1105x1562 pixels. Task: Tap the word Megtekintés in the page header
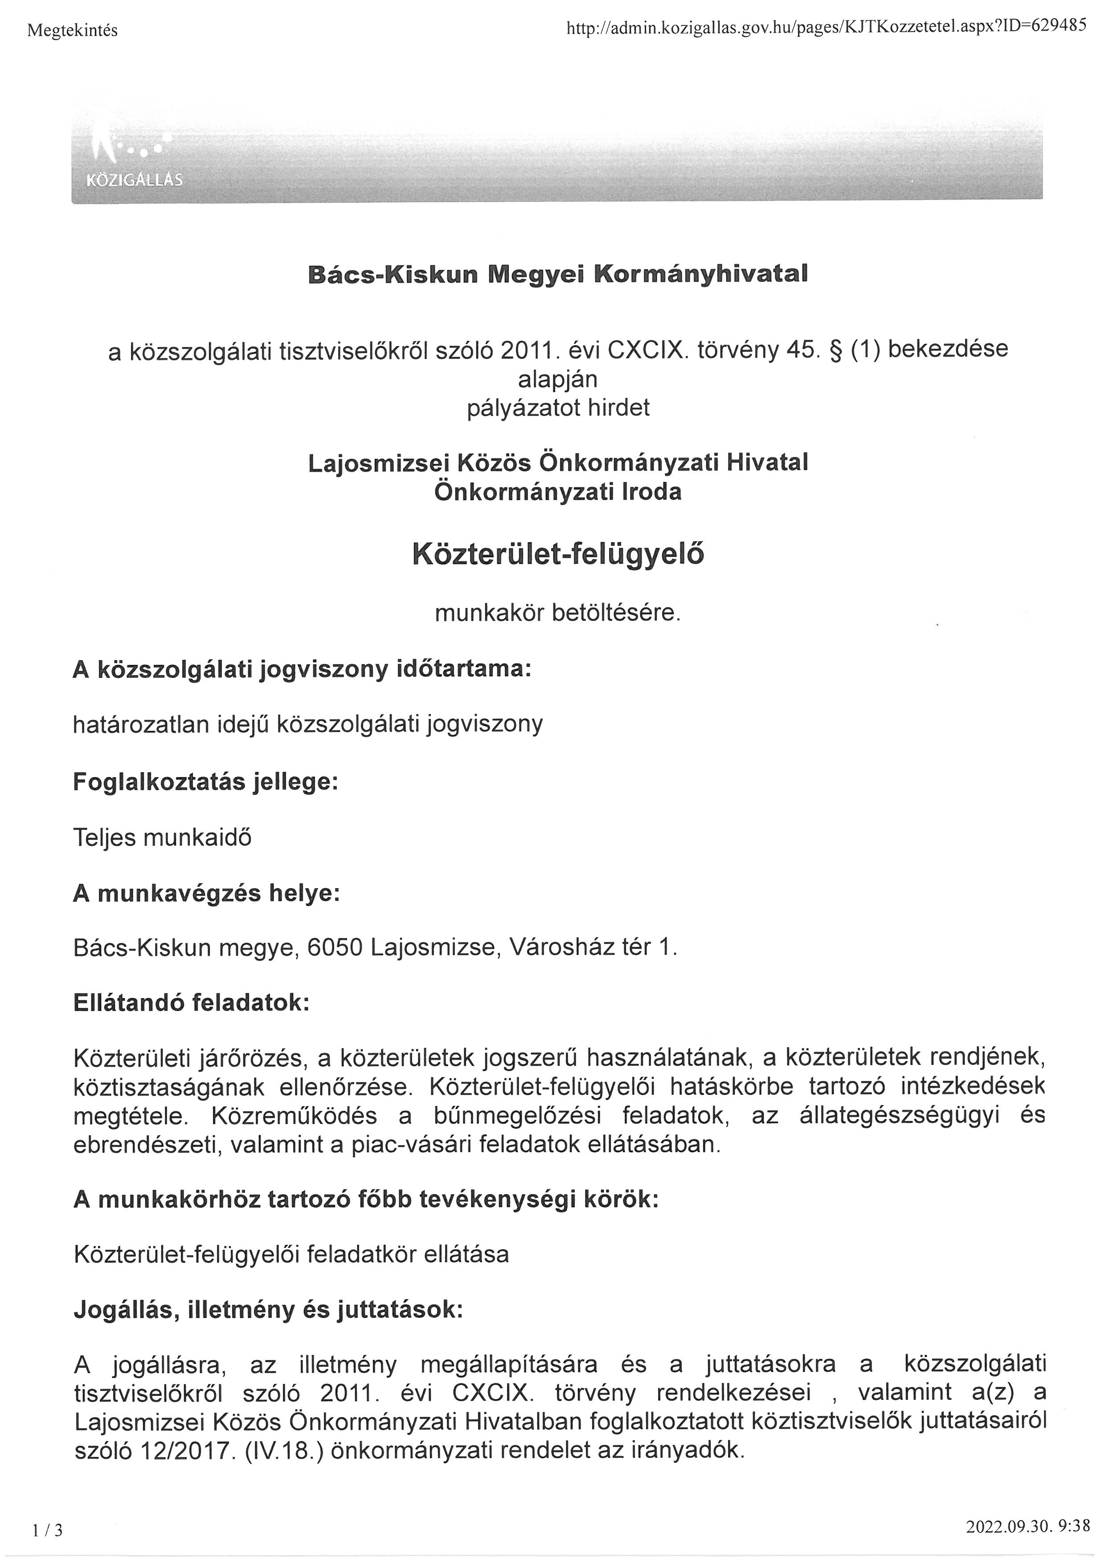(73, 31)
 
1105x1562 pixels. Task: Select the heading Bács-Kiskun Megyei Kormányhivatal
(557, 274)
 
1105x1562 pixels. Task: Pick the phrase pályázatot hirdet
(558, 408)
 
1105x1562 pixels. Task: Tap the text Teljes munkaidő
(162, 837)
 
